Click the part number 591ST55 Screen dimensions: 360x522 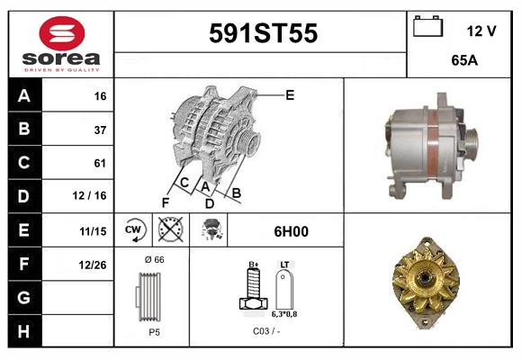(263, 34)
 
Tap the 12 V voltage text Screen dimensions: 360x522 (481, 31)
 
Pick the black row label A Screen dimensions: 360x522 (23, 96)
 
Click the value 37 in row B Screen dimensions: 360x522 (100, 130)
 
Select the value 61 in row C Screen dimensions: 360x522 (100, 164)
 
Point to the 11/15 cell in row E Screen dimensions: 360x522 (93, 231)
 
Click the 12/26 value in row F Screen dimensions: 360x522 (93, 265)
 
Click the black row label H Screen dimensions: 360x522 (23, 331)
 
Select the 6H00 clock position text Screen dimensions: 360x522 (290, 231)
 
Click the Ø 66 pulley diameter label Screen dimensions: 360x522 (153, 260)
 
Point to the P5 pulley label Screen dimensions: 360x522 (153, 332)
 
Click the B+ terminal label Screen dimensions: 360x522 (254, 265)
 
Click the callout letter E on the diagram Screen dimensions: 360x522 (290, 94)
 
